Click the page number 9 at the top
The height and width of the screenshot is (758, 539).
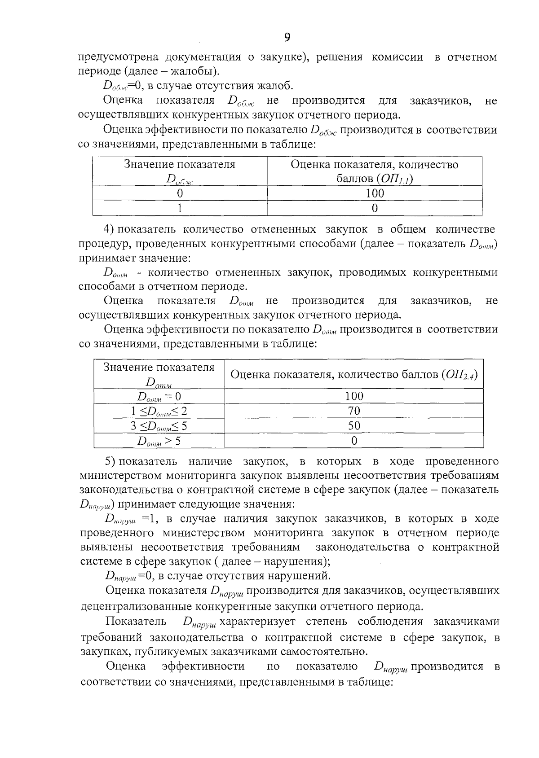(287, 37)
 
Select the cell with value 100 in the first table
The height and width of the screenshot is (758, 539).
(375, 193)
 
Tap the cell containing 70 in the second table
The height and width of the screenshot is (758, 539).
(354, 411)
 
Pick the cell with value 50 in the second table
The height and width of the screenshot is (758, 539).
(354, 425)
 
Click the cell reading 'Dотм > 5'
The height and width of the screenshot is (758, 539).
(159, 441)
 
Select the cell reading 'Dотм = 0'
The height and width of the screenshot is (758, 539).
(159, 396)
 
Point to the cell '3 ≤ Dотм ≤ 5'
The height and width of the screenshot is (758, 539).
(159, 425)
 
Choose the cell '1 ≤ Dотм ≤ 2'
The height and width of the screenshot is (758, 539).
(159, 411)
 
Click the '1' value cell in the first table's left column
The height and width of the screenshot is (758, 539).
(180, 208)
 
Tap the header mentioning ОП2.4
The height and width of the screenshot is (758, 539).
(354, 374)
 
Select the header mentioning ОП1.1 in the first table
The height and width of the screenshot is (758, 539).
(375, 171)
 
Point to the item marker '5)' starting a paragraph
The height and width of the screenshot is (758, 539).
(110, 461)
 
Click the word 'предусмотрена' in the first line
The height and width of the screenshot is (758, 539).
(118, 57)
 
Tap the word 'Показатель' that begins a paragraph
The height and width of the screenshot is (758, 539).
(137, 622)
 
